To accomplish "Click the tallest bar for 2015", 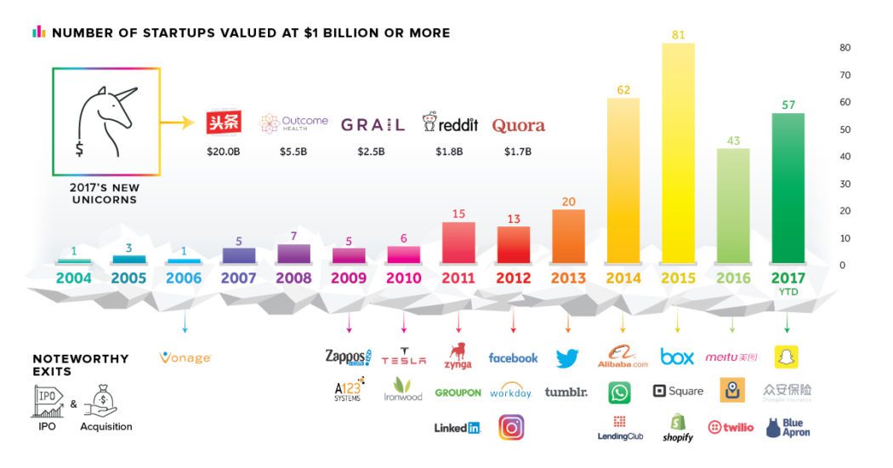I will click(x=677, y=153).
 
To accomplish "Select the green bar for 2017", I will click(x=787, y=187).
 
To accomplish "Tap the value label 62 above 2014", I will click(x=623, y=88).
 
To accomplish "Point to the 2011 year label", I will click(x=458, y=278).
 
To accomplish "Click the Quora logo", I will click(x=518, y=125).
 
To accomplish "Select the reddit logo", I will click(x=451, y=124).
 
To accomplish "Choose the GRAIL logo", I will click(x=373, y=125).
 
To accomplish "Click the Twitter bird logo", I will click(x=567, y=358).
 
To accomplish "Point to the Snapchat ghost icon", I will click(x=787, y=357).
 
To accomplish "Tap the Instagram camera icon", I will click(x=511, y=426).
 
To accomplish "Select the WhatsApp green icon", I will click(x=619, y=392).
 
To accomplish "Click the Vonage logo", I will click(x=185, y=358).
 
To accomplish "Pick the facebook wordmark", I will click(x=513, y=358).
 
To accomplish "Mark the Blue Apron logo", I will click(x=788, y=427).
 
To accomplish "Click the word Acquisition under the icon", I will click(x=106, y=426).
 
